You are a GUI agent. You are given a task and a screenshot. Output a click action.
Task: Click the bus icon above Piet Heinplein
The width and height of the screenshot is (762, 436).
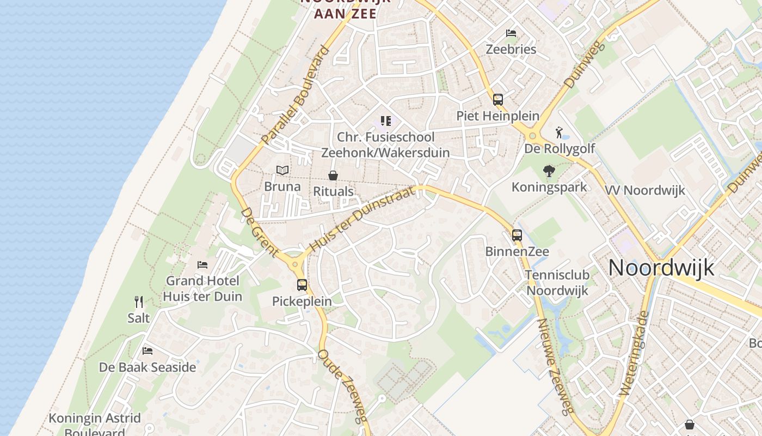498,100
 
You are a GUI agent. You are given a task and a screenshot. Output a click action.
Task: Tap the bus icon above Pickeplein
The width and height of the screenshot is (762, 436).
302,284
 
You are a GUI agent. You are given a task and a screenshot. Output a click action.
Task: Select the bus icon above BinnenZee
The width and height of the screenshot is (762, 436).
517,235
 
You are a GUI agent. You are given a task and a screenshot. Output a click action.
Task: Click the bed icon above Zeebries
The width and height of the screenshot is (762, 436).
511,33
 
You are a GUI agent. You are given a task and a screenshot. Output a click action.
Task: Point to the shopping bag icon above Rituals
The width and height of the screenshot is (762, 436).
333,175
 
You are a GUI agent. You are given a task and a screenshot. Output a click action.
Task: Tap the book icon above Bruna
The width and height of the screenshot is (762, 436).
282,171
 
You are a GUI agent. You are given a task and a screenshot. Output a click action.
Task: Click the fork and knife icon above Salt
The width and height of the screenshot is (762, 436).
139,301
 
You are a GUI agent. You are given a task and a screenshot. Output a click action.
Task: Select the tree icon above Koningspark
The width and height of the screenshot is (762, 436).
549,171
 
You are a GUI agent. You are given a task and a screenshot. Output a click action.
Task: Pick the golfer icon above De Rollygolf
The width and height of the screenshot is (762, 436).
559,132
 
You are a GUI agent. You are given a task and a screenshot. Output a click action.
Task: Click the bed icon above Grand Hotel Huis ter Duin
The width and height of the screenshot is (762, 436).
202,265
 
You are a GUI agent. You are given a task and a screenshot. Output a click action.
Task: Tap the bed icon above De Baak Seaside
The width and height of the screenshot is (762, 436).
148,351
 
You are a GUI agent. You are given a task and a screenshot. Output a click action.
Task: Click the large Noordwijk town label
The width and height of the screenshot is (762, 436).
661,268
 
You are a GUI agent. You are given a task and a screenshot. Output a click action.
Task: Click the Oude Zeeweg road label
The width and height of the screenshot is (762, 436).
343,386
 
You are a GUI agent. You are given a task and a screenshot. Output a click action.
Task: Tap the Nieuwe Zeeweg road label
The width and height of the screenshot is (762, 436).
555,365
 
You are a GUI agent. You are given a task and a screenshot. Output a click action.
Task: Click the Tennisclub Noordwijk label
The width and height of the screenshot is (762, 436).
557,282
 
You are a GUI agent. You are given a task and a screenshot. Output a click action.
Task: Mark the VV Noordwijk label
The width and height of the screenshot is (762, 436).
645,190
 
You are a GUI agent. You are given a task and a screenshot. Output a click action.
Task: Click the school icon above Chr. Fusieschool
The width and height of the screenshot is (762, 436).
386,121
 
